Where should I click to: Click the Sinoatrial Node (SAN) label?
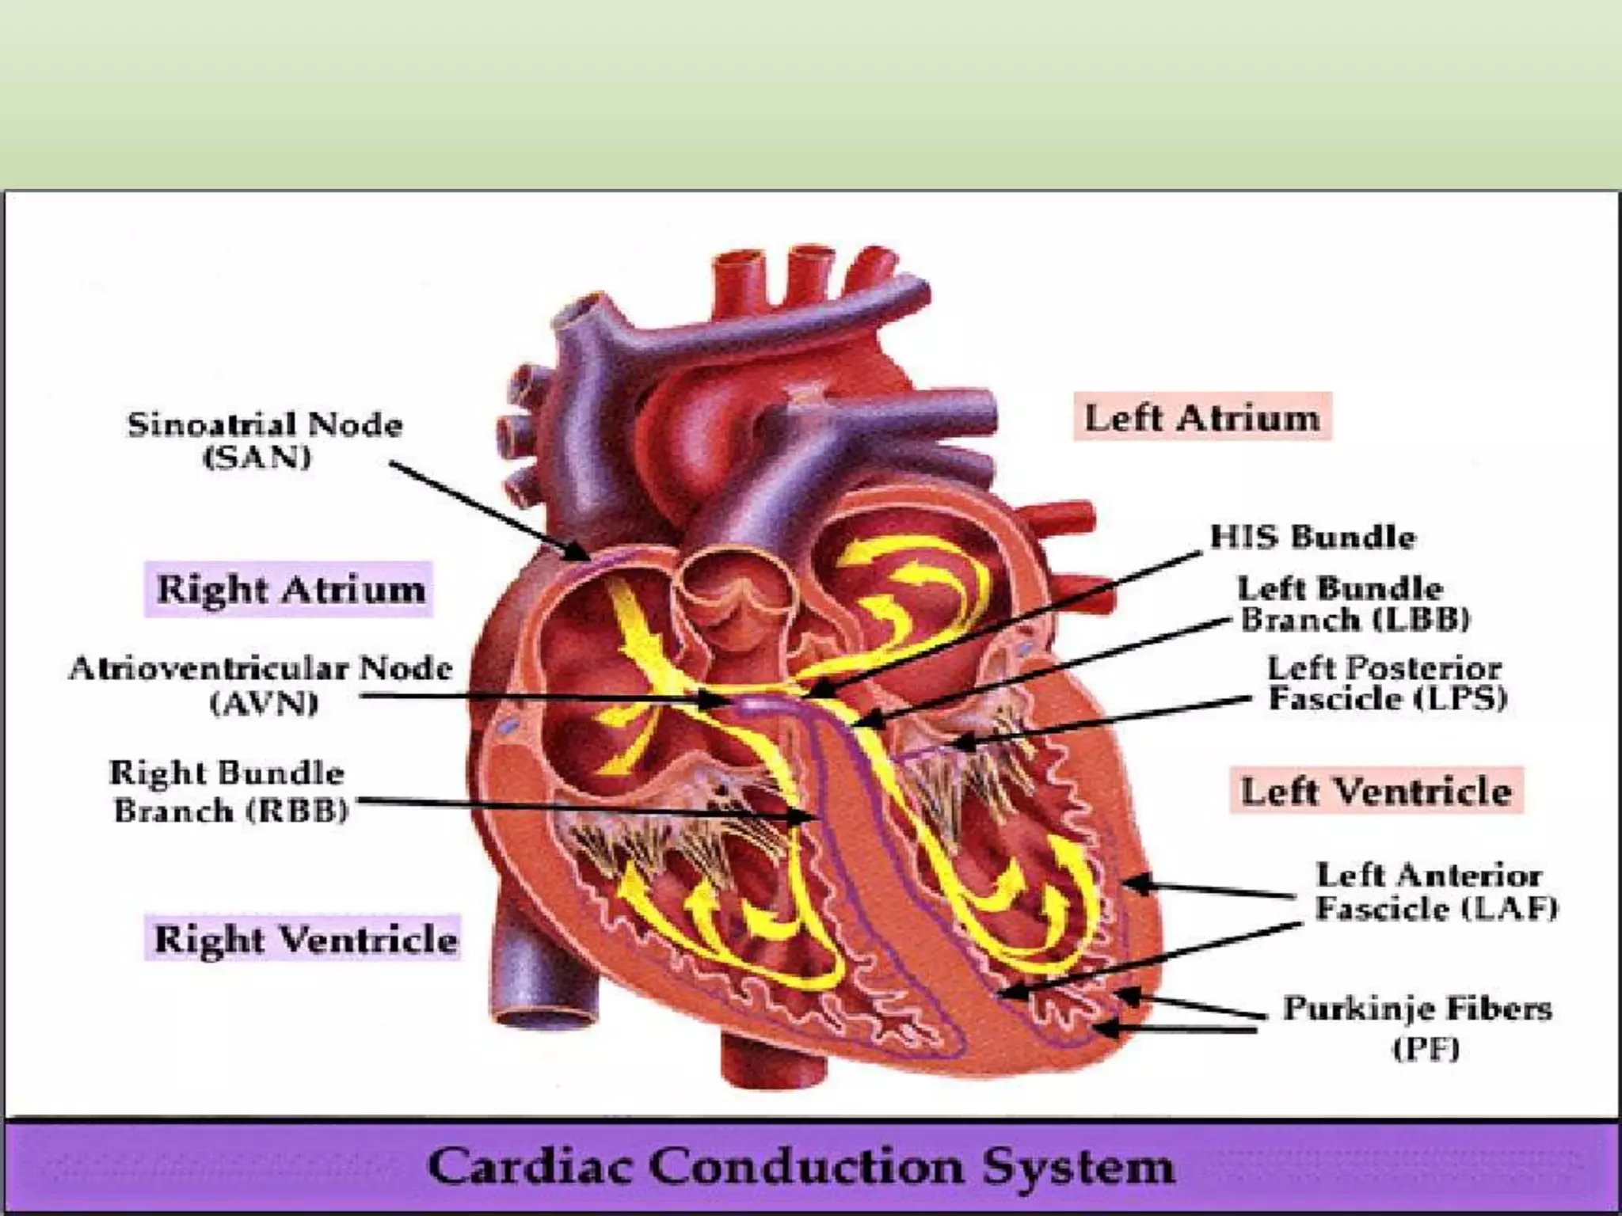point(265,440)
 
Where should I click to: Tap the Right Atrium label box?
point(290,590)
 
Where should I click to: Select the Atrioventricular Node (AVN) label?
point(261,685)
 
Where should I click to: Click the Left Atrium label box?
point(1201,417)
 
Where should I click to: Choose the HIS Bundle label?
point(1312,537)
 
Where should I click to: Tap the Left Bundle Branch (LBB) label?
point(1354,604)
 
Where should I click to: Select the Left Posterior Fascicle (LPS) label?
point(1386,683)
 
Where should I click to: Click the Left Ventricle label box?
point(1376,791)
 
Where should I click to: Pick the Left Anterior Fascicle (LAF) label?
point(1436,891)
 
